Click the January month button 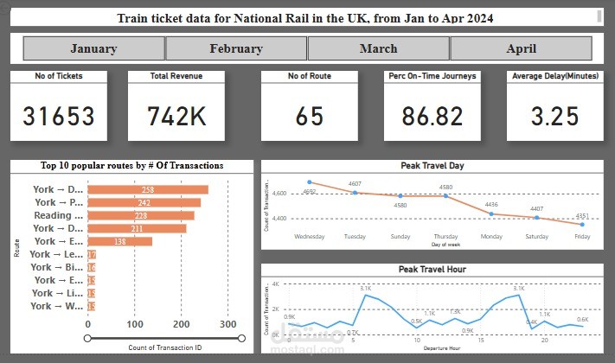[93, 48]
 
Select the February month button [236, 48]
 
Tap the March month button [378, 48]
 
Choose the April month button [521, 48]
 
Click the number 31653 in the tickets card [59, 117]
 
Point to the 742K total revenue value [176, 117]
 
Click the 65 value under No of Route [309, 117]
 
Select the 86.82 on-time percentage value [432, 117]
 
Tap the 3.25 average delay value [555, 117]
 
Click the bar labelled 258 [148, 190]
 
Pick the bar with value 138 [120, 241]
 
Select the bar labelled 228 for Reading [142, 215]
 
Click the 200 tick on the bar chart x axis [181, 325]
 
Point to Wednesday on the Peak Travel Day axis [309, 235]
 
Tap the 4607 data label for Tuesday [355, 184]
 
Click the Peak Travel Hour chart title [432, 270]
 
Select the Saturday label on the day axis [536, 235]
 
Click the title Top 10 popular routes [131, 165]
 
